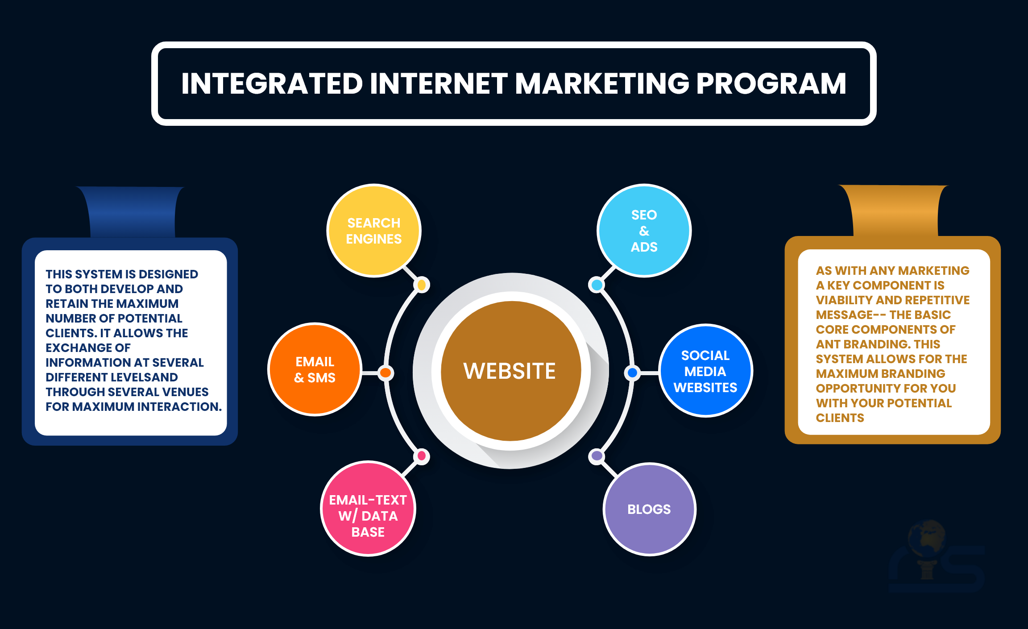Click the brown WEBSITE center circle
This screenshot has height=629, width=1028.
[511, 371]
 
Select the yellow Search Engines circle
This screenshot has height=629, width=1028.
[374, 231]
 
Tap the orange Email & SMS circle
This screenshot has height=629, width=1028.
[315, 369]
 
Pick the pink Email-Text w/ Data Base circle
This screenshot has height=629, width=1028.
[368, 509]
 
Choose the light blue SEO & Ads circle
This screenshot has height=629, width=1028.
[644, 231]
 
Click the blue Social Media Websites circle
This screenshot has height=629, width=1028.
[705, 371]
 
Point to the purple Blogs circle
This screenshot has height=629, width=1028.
[650, 509]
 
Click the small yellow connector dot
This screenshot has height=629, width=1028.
[422, 285]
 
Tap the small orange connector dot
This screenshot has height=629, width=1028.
[385, 372]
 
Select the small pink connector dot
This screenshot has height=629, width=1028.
[422, 456]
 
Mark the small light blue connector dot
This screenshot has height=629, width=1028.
[597, 285]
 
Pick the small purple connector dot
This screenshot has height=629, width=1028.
[597, 456]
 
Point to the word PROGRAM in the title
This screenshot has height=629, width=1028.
[771, 84]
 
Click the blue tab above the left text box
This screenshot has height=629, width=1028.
[133, 212]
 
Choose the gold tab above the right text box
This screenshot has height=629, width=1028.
[895, 211]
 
